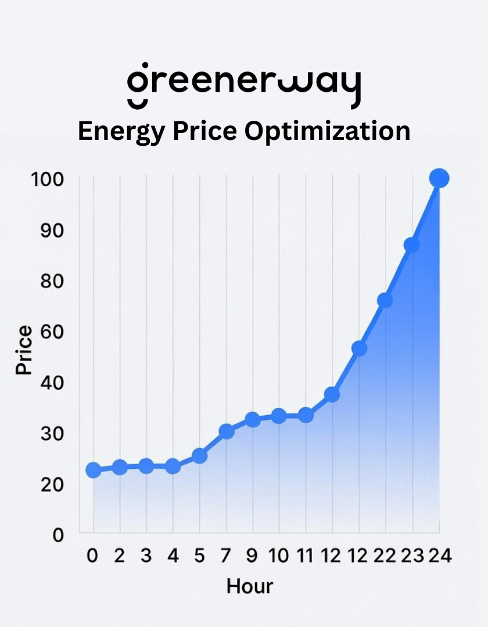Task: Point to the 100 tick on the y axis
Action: tap(47, 179)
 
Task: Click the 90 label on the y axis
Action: tap(52, 230)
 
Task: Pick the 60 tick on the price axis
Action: tap(52, 332)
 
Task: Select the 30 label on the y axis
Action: tap(52, 434)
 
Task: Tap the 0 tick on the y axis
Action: tap(58, 535)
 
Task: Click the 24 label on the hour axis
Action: tap(440, 556)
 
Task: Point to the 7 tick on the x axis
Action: tap(226, 556)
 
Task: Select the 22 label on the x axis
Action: tap(385, 556)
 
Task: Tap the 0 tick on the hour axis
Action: tap(93, 556)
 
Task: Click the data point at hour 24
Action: tap(439, 178)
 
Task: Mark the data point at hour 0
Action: tap(93, 470)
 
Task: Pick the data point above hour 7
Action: tap(226, 431)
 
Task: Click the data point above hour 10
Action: tap(279, 416)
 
